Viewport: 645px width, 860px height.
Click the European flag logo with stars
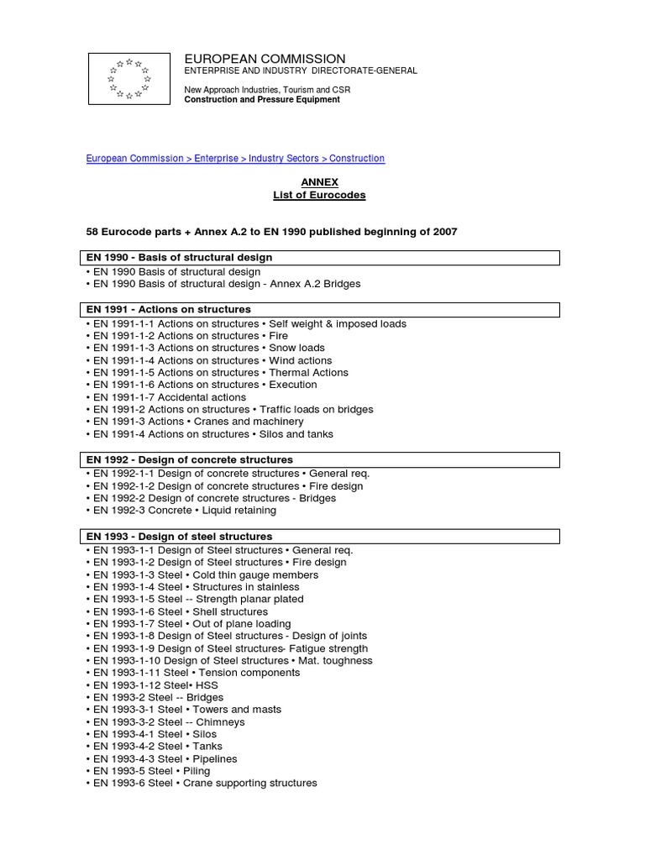click(x=128, y=78)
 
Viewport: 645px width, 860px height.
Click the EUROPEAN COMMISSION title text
click(x=265, y=58)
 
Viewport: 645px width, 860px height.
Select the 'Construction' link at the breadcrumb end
click(x=357, y=158)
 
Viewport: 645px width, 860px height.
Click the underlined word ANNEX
click(x=319, y=181)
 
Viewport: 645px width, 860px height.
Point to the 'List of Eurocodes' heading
click(x=319, y=195)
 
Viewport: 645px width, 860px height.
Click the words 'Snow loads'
click(x=296, y=348)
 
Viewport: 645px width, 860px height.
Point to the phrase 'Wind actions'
click(x=300, y=360)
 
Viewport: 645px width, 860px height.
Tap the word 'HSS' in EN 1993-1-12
click(x=206, y=685)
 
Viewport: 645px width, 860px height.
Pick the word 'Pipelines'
click(x=215, y=758)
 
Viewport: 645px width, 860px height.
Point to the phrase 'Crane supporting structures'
click(x=249, y=783)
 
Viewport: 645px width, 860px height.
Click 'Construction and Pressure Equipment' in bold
click(x=262, y=99)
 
